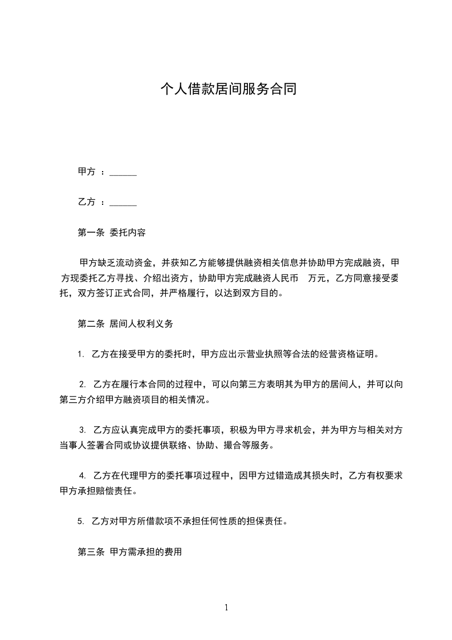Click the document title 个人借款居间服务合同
tap(228, 90)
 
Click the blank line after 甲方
tap(123, 172)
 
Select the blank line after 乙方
tap(123, 202)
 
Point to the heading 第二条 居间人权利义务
tap(125, 324)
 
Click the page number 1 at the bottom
tap(226, 607)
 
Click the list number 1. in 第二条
tap(81, 354)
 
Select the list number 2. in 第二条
tap(82, 384)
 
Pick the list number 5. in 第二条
tap(81, 521)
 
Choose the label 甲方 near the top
tap(87, 172)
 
